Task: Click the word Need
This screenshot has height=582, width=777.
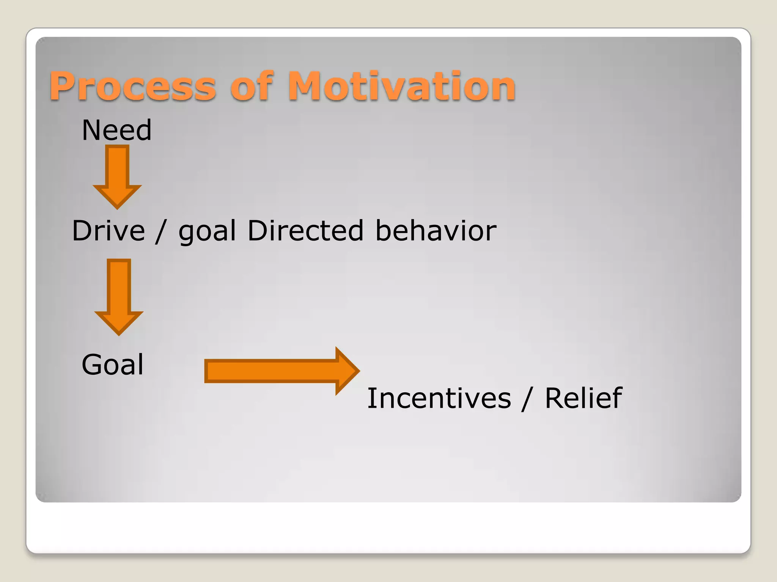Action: pyautogui.click(x=116, y=130)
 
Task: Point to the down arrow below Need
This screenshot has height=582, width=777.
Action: pyautogui.click(x=117, y=176)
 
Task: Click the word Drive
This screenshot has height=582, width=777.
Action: pyautogui.click(x=109, y=231)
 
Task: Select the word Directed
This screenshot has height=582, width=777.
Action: pyautogui.click(x=305, y=231)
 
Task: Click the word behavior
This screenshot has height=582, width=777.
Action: pyautogui.click(x=436, y=231)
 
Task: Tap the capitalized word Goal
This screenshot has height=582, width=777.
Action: pyautogui.click(x=113, y=365)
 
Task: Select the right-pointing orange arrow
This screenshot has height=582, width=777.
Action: pyautogui.click(x=281, y=371)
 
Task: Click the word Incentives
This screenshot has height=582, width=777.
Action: pyautogui.click(x=439, y=399)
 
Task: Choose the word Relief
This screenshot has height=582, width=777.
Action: pyautogui.click(x=583, y=399)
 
